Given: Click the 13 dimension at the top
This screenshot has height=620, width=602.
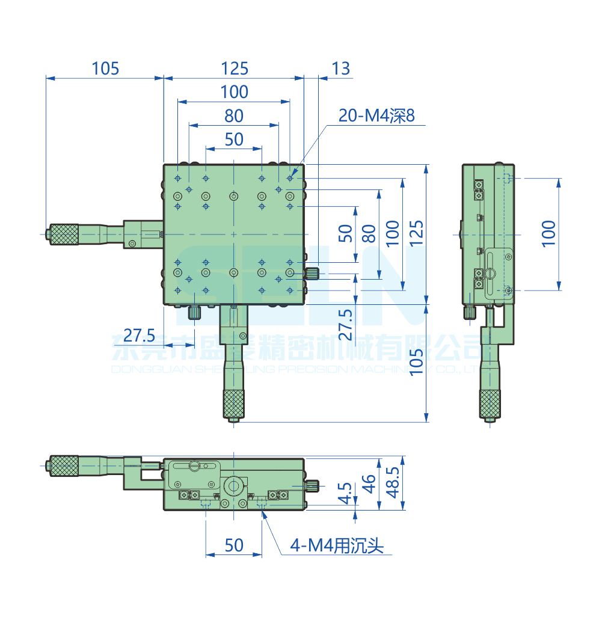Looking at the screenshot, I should coord(340,69).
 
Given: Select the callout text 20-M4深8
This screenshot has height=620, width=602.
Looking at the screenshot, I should coord(376,116).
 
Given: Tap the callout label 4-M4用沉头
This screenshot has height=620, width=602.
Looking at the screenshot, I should coord(336,545).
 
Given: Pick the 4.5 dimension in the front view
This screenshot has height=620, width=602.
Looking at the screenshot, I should coord(345,493).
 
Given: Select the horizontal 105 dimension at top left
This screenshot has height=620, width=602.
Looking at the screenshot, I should coord(105,69).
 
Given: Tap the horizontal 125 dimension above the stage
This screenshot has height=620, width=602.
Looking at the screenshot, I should coord(234,69).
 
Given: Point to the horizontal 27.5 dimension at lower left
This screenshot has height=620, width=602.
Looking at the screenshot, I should coord(139,335).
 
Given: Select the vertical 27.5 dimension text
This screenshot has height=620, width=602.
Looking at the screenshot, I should coord(345,325).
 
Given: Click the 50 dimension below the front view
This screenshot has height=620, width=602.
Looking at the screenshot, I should coord(234,545).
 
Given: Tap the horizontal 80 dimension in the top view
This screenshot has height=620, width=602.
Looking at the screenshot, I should coord(234,115).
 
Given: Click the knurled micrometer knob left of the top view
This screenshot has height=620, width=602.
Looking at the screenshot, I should coord(64,234).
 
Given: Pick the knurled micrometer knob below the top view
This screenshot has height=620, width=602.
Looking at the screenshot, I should coord(234,404).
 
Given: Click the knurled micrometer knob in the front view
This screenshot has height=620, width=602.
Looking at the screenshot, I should coord(64,465).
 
